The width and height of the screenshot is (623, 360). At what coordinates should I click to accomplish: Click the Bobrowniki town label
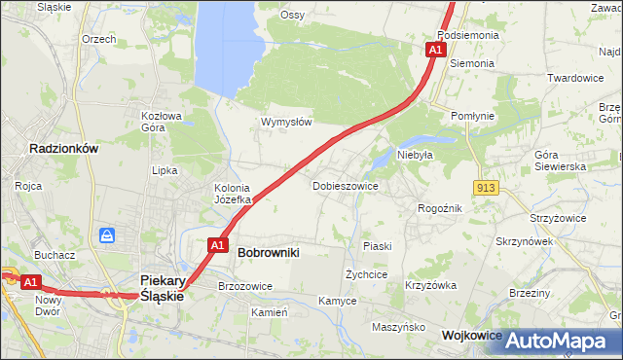(268, 252)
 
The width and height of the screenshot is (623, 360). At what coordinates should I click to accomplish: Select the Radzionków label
(64, 149)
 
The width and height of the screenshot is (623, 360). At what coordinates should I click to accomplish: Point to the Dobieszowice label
(345, 185)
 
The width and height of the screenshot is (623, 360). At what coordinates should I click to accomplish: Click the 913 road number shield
(487, 186)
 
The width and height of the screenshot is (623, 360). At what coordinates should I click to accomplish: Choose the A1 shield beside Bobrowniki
(218, 245)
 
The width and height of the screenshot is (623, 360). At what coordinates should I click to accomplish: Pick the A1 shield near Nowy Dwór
(30, 282)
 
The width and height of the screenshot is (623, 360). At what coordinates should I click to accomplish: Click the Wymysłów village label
(285, 122)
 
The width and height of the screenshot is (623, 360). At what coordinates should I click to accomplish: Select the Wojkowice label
(472, 335)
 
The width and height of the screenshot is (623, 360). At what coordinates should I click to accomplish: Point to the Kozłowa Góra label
(162, 121)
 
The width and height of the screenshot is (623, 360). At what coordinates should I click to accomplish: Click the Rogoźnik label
(439, 208)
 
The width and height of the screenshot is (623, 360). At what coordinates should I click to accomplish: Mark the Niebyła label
(414, 154)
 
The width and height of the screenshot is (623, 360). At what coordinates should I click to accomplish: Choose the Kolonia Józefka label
(233, 194)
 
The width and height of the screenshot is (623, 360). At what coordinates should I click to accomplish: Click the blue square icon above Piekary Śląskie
(107, 235)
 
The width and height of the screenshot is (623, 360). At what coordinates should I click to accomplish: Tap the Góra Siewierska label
(560, 161)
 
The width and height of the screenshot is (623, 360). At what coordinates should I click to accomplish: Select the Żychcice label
(367, 274)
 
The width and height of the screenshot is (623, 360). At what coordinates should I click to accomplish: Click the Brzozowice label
(245, 286)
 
